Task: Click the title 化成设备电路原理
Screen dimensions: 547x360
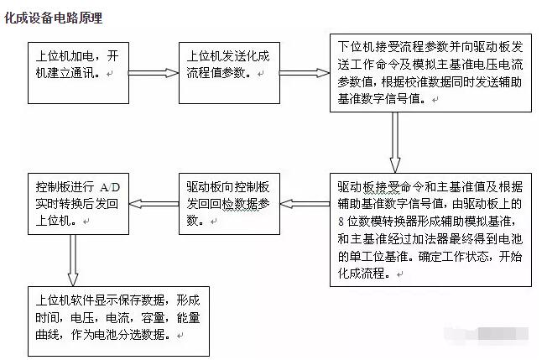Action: click(54, 18)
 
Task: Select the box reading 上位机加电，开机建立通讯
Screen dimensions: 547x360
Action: click(79, 73)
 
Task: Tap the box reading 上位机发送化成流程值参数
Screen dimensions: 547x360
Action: click(229, 73)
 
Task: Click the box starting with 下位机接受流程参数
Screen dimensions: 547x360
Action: click(430, 73)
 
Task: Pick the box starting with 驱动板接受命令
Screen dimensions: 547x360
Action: click(430, 230)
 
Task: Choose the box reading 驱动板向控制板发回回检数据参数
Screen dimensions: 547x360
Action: click(229, 204)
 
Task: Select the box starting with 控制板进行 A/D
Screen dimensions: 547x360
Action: click(79, 204)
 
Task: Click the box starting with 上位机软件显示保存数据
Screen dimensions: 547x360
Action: click(118, 321)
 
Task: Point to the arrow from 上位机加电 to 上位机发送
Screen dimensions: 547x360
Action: click(154, 73)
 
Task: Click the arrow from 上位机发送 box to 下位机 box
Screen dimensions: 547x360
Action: click(305, 73)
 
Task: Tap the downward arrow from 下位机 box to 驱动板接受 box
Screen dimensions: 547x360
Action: click(395, 143)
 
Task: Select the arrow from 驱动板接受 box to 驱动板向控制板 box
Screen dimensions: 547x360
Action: click(305, 204)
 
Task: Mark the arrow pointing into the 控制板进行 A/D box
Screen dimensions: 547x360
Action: click(154, 204)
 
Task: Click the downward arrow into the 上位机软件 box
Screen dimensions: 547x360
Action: click(72, 260)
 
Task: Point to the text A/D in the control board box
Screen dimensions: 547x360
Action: click(110, 188)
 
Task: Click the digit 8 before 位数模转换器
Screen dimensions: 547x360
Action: click(341, 222)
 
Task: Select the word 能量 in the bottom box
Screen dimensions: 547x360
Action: click(189, 318)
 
